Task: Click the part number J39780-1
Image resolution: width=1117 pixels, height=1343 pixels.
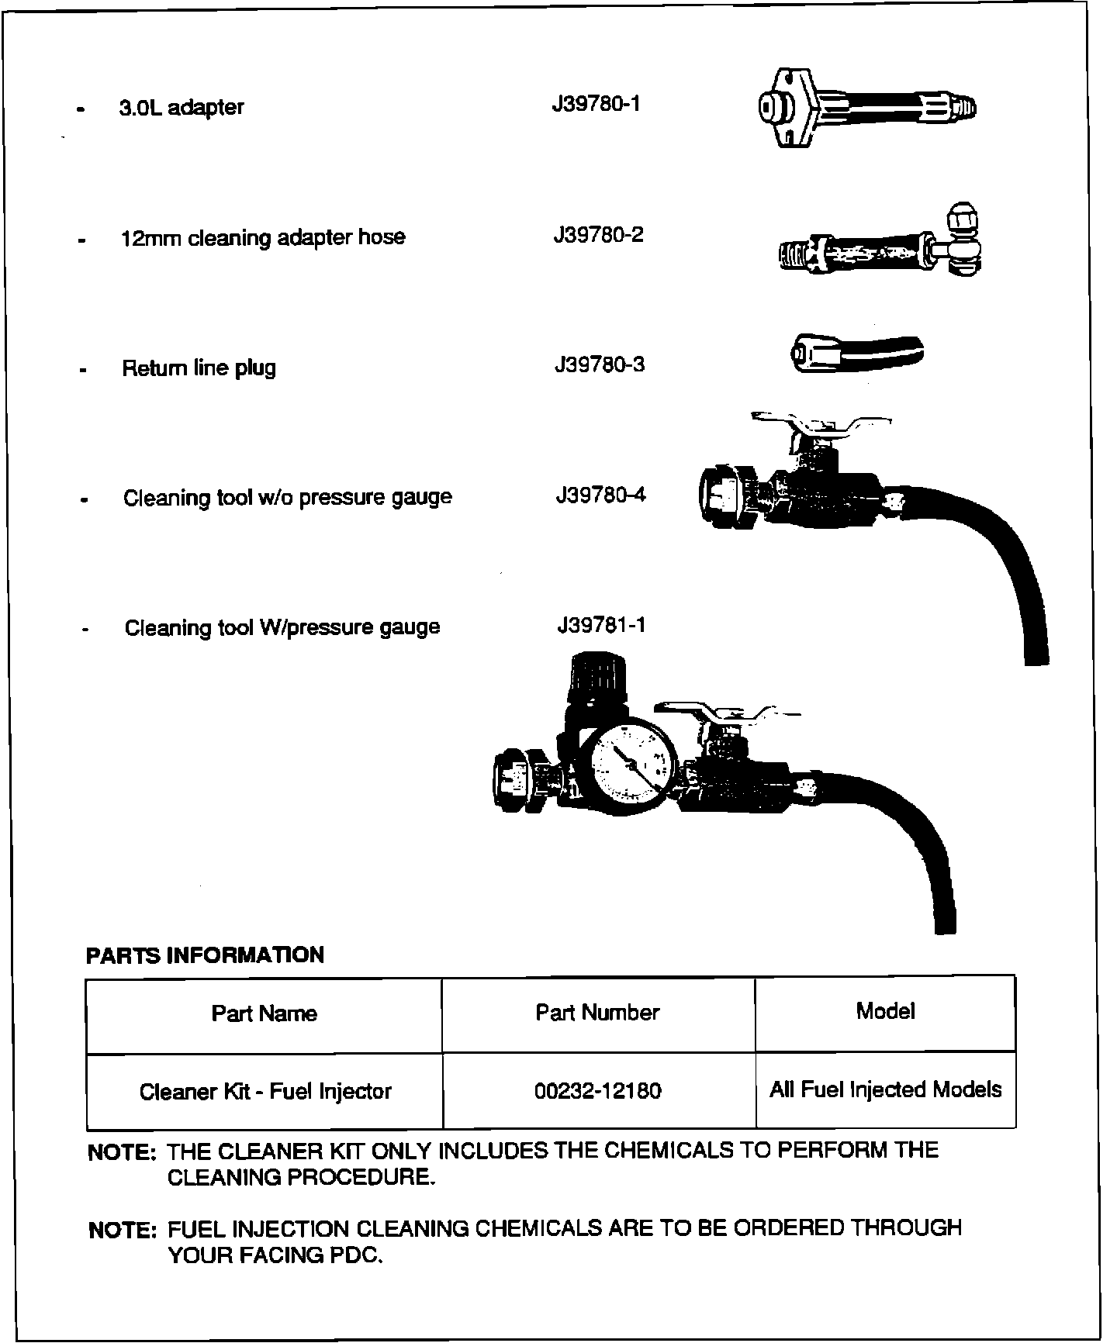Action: [596, 104]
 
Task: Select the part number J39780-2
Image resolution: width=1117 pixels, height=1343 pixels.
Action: [598, 234]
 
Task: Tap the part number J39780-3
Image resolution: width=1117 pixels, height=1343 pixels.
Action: [599, 364]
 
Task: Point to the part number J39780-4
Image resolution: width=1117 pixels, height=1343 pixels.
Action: [600, 495]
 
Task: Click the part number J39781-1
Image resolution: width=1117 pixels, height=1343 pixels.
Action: [601, 625]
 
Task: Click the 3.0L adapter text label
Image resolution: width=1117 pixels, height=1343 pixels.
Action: [181, 107]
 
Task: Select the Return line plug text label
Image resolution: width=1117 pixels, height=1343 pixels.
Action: [199, 368]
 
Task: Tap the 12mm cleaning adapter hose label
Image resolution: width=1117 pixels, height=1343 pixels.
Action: [263, 237]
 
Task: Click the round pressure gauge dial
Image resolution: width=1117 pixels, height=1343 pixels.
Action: [629, 763]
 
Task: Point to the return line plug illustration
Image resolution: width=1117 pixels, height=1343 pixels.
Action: [856, 352]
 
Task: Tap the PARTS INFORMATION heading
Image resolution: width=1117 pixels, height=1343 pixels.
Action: [205, 955]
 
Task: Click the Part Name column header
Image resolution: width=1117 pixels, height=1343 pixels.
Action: [264, 1013]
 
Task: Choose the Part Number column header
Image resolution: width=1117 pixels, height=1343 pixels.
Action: [597, 1012]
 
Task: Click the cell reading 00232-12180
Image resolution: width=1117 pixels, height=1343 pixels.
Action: [598, 1091]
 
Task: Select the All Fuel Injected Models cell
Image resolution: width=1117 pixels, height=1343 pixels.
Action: [885, 1089]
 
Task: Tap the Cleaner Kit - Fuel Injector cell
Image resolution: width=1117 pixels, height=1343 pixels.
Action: [265, 1092]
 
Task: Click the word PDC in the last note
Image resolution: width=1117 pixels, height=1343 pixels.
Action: [355, 1255]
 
